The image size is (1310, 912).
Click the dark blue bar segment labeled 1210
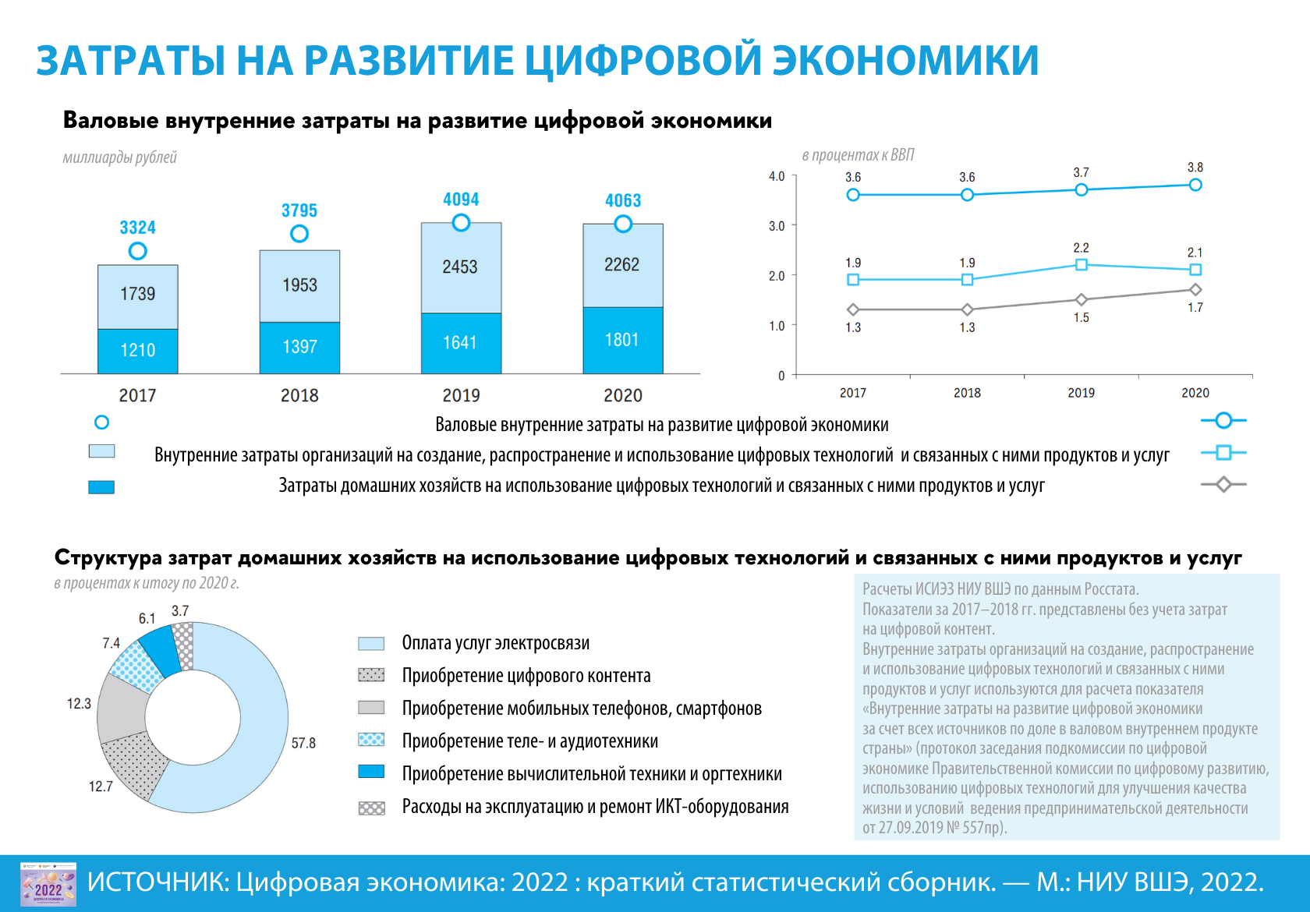tap(137, 351)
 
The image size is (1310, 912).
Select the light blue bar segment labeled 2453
tap(461, 267)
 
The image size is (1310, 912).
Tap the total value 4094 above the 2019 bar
tap(461, 200)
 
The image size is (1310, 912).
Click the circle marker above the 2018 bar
tap(299, 234)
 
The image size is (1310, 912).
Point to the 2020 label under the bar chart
tap(622, 395)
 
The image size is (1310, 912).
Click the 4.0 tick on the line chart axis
tap(777, 176)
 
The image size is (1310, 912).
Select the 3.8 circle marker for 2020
tap(1195, 185)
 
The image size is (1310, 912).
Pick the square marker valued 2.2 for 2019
tap(1081, 265)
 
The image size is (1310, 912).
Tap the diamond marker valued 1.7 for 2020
tap(1195, 290)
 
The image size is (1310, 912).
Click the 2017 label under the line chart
tap(853, 393)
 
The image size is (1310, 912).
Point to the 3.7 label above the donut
tap(180, 611)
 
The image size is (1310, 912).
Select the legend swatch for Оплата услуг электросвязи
tap(371, 644)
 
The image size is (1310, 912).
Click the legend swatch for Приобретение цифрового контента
tap(371, 675)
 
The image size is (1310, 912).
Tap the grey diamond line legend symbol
tap(1223, 485)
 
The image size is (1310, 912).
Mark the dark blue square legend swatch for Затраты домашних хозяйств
tap(101, 487)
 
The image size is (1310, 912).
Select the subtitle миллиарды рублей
tap(120, 157)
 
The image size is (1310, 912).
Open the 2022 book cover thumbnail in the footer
tap(48, 884)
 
